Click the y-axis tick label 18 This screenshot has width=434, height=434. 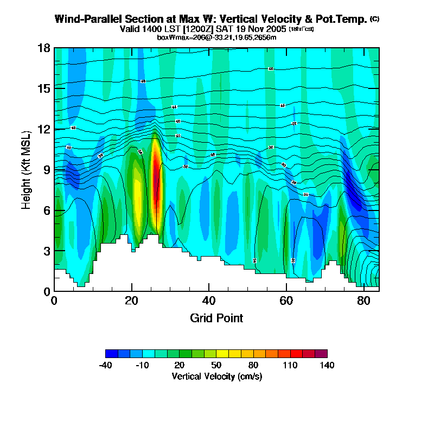44,48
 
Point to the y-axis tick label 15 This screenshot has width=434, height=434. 44,88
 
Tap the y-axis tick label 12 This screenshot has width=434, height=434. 44,129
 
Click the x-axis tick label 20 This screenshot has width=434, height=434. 132,301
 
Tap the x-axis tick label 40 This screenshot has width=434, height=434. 209,301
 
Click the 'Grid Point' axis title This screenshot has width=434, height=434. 216,318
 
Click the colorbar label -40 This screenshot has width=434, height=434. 105,365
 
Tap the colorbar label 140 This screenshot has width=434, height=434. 327,365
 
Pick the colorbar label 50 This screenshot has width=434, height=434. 216,365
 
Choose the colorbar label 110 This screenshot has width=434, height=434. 290,365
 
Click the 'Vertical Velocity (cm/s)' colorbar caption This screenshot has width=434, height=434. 216,376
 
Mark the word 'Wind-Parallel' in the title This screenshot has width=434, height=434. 85,19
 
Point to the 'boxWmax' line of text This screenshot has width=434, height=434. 216,37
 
